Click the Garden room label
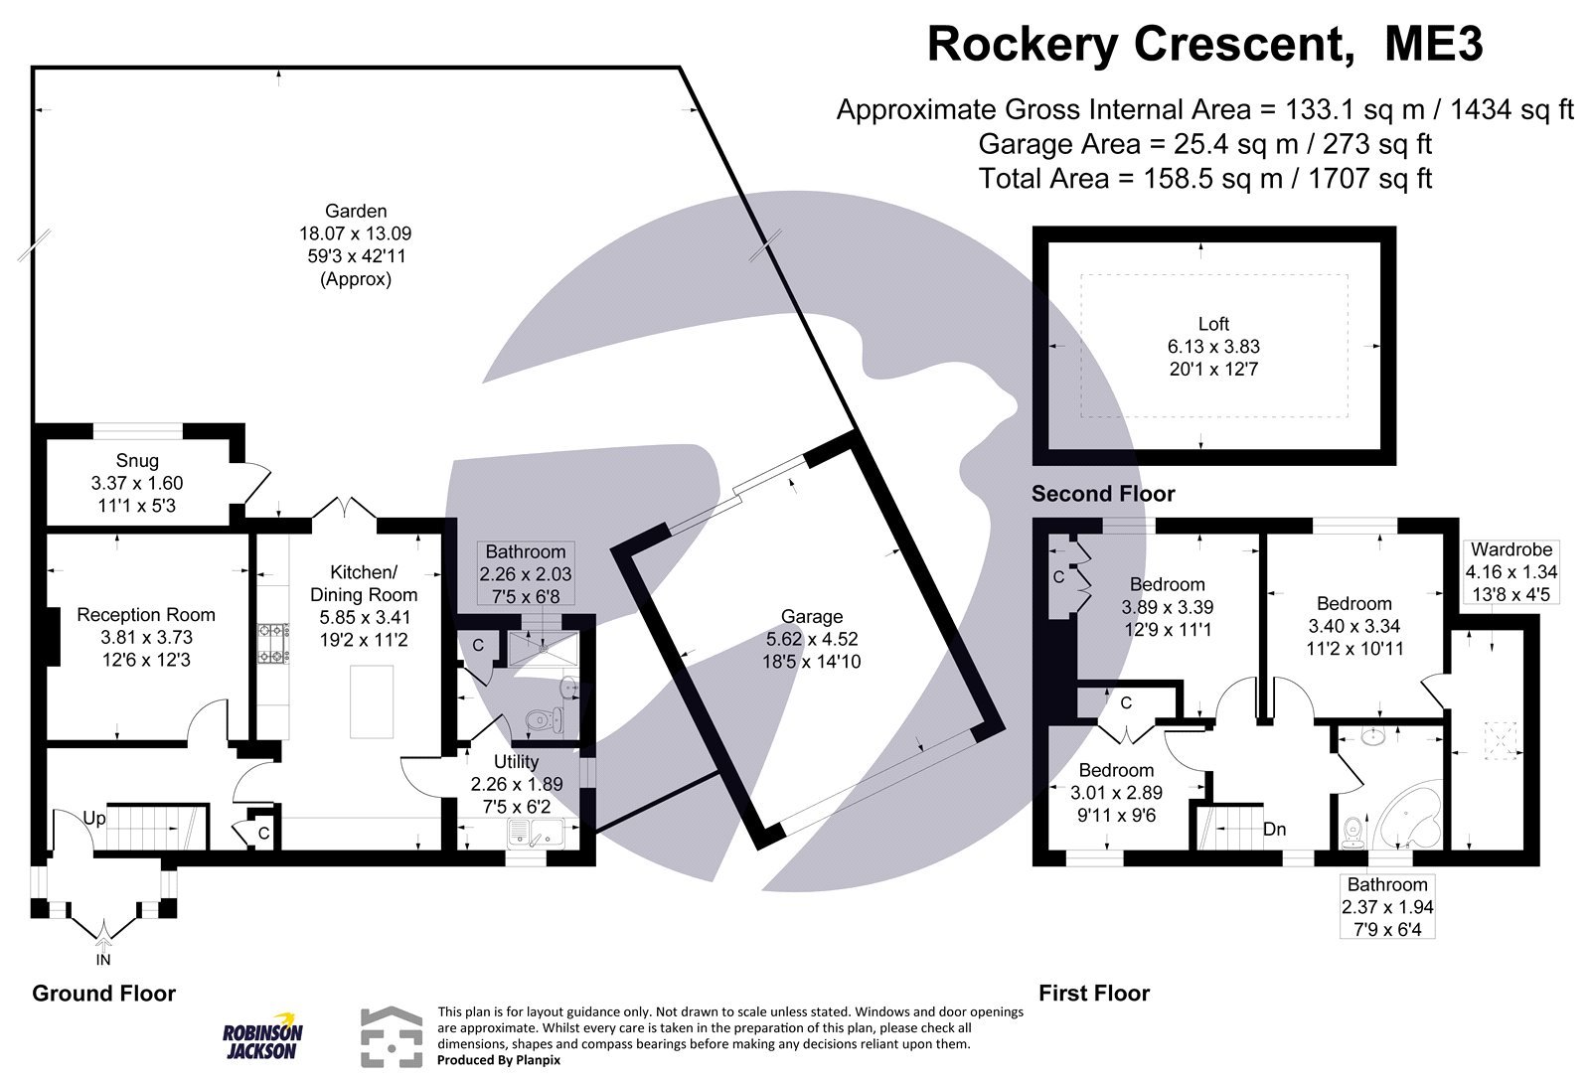point(355,211)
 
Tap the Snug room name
point(137,461)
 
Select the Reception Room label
point(146,615)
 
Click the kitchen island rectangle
point(372,701)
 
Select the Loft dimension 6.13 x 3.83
point(1212,347)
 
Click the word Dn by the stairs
point(1275,829)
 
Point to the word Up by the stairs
point(94,819)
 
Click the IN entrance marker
point(103,960)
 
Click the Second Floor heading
point(1102,494)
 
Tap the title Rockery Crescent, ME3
point(1204,45)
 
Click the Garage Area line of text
point(1204,144)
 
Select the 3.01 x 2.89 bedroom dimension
point(1116,792)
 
